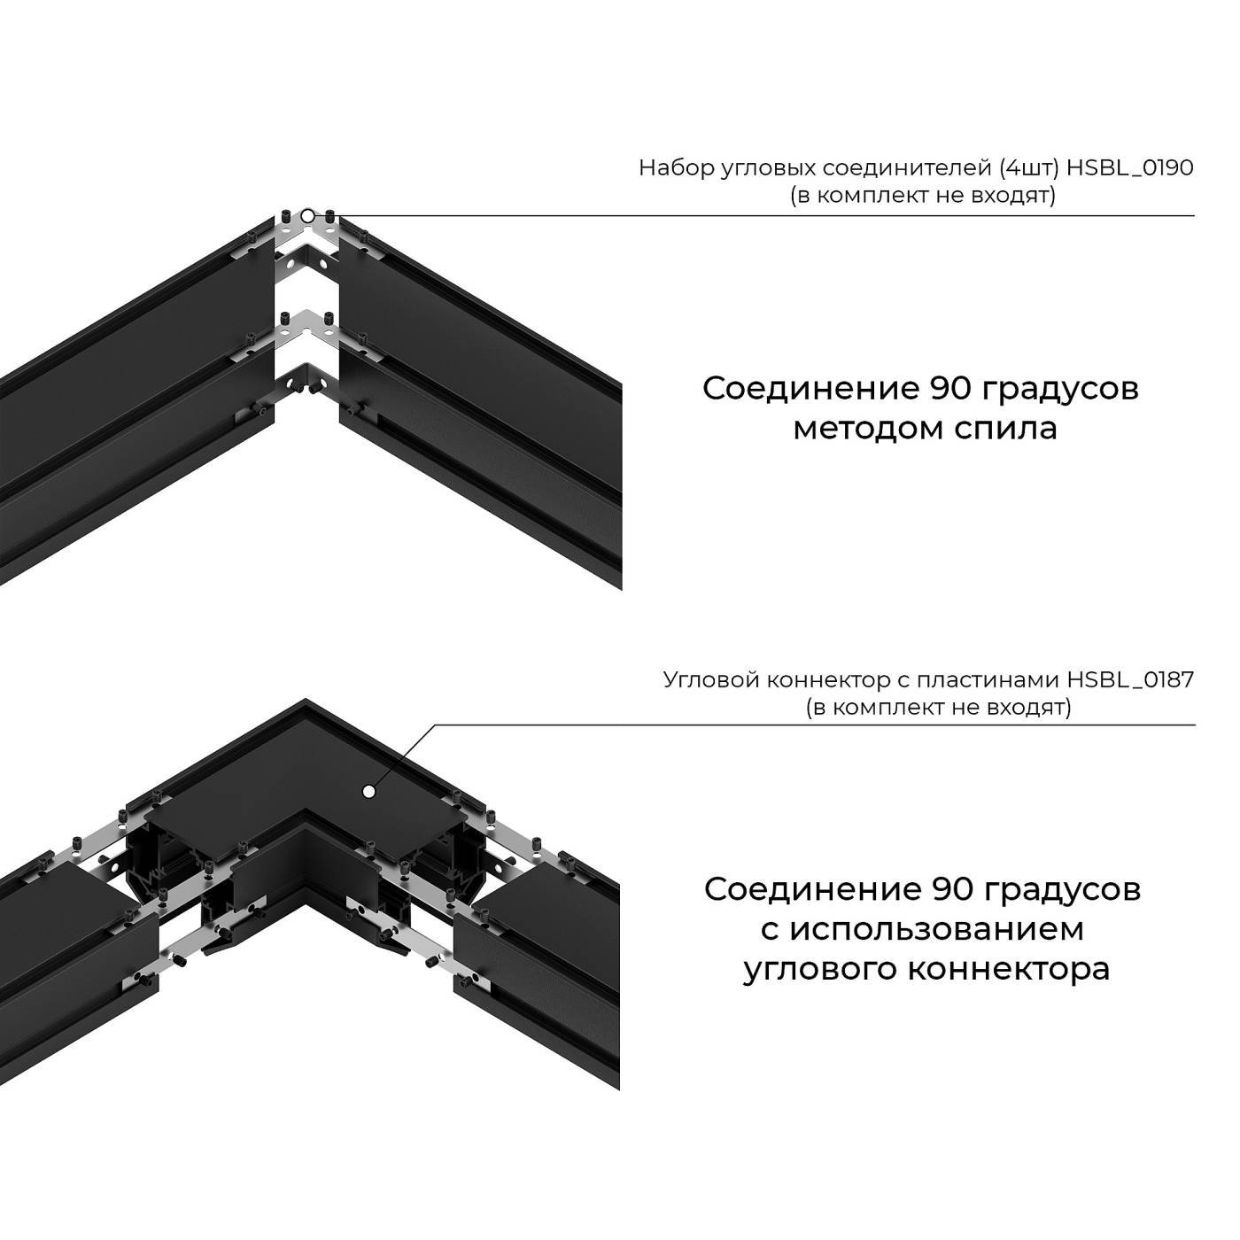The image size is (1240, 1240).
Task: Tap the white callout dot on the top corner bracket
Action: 306,215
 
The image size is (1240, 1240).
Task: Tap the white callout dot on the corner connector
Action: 367,791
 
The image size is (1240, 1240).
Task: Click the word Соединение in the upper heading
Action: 810,389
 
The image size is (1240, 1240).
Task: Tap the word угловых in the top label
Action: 767,167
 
